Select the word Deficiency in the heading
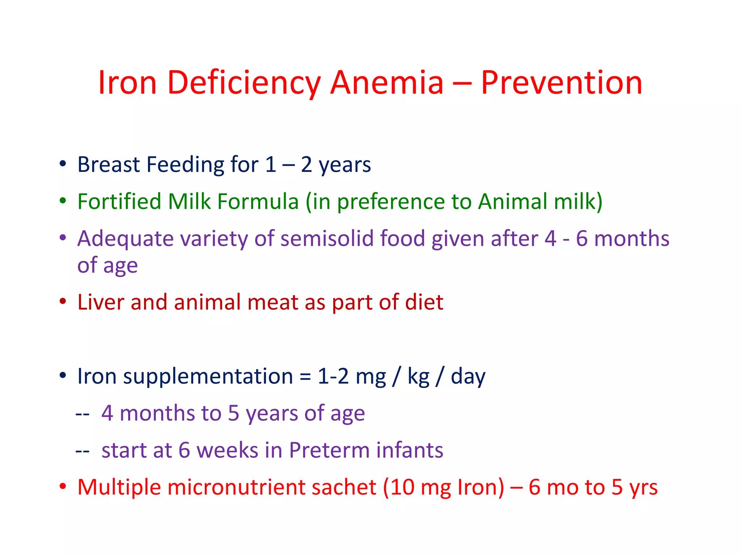tap(244, 83)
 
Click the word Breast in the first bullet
tap(109, 164)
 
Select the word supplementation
tap(208, 376)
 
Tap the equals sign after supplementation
tap(305, 376)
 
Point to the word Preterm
tap(329, 450)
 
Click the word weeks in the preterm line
tap(227, 450)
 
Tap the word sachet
tap(344, 487)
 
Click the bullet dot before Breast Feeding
tap(63, 164)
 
